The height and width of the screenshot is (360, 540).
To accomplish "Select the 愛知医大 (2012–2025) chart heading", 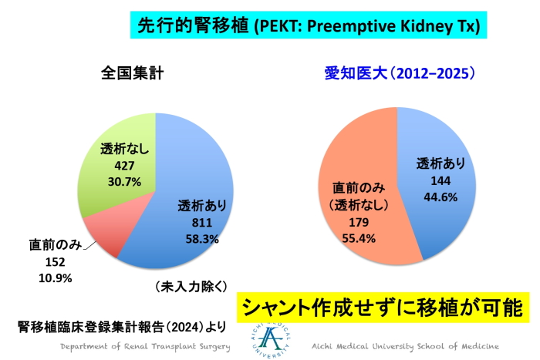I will tap(399, 74).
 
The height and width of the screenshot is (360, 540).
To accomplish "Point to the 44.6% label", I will tap(440, 197).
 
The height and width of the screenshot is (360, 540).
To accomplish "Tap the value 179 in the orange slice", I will tap(356, 222).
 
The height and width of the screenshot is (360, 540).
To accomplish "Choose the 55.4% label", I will tap(356, 238).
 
